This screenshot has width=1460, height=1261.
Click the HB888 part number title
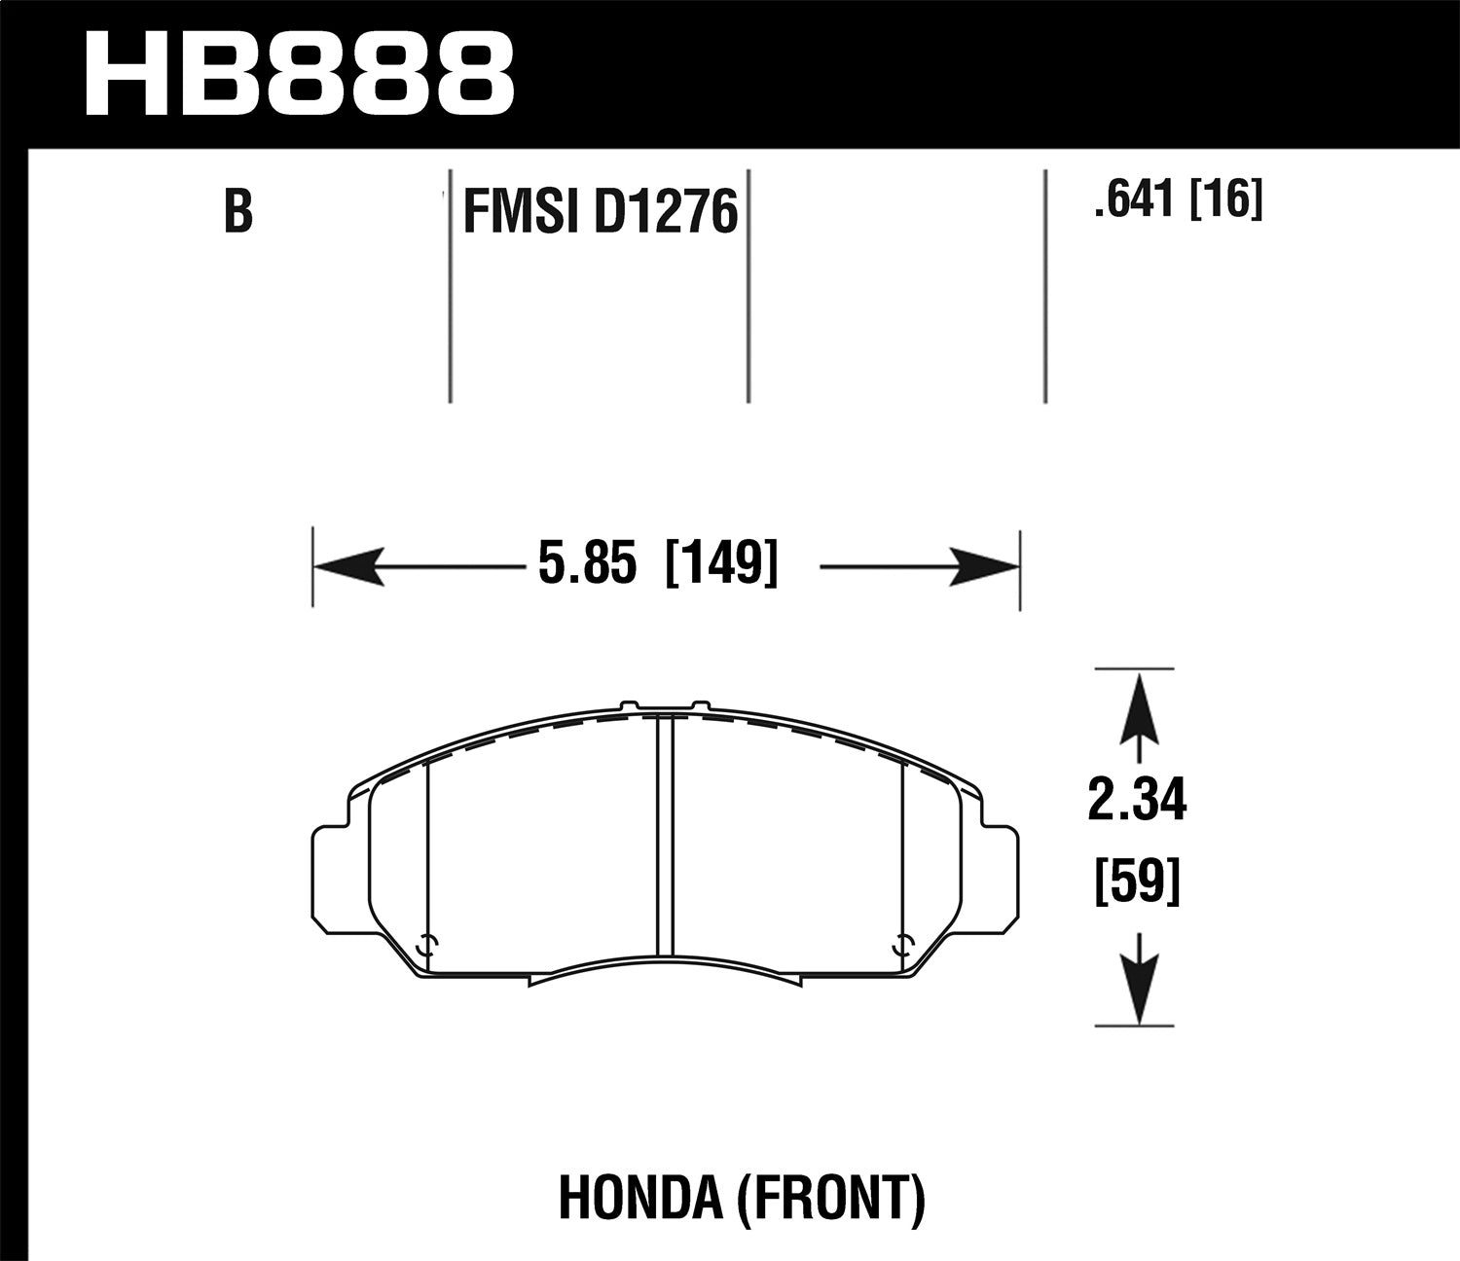pos(299,72)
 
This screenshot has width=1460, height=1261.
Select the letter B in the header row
pos(237,212)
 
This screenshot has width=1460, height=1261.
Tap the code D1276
pos(665,213)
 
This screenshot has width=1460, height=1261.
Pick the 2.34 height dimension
pos(1138,803)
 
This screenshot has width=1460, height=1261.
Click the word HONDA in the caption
pos(637,1200)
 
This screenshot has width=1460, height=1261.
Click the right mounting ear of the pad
pos(999,872)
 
